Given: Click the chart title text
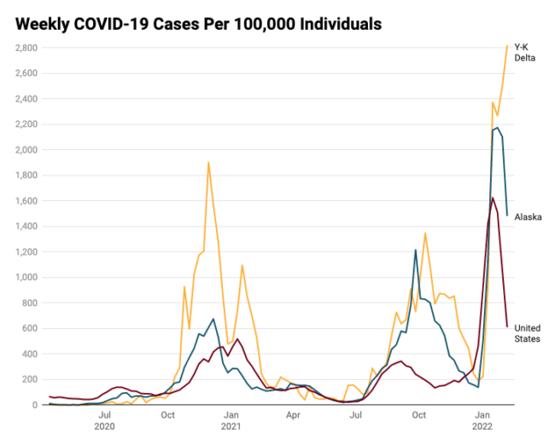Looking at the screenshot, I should pos(198,23).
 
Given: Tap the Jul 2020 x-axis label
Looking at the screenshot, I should pos(104,420).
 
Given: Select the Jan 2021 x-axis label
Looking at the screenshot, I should pos(230,420).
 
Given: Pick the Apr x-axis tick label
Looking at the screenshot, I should pos(293,415).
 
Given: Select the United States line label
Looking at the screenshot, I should pos(527,333).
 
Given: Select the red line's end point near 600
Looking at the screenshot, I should pos(507,326).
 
